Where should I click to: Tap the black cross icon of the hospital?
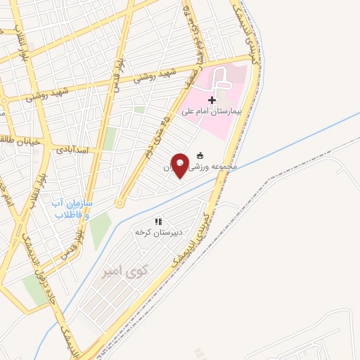(x=212, y=101)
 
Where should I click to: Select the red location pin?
(x=180, y=164)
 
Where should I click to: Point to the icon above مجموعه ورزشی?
(x=201, y=156)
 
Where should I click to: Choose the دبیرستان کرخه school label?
(x=159, y=231)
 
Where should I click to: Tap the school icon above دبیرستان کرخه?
(x=159, y=221)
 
